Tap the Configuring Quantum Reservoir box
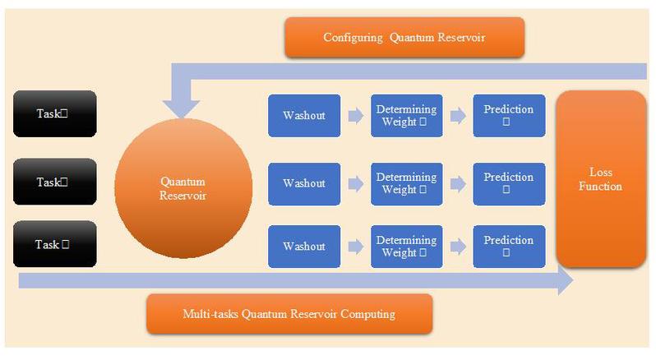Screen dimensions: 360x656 [404, 38]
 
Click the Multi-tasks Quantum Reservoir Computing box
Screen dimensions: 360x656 [289, 314]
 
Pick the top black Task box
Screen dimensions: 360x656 [55, 113]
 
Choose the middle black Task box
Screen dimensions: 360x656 [55, 182]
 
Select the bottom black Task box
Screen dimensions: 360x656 [55, 244]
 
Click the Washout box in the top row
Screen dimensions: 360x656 [303, 115]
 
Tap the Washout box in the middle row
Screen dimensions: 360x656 [303, 183]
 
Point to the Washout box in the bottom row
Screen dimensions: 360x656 [303, 246]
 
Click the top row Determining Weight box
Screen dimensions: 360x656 [406, 115]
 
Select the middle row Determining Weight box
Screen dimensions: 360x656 [406, 183]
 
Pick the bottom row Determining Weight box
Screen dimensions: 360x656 [406, 246]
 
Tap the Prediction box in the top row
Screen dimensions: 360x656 [508, 115]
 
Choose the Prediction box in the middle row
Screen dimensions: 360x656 [508, 183]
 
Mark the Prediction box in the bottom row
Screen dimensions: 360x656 [508, 246]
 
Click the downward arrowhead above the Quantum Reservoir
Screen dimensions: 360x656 [183, 105]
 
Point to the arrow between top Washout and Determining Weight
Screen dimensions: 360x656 [354, 116]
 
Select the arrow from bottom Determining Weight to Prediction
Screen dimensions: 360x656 [457, 246]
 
